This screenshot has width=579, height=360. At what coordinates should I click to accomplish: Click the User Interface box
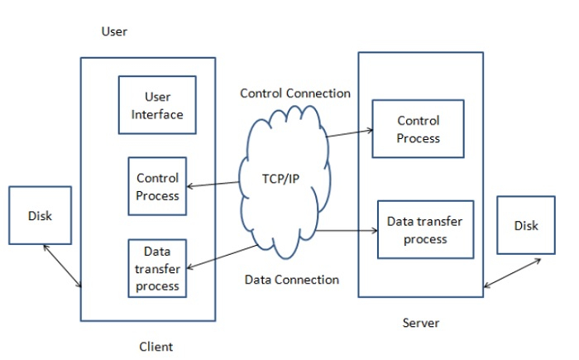(x=157, y=104)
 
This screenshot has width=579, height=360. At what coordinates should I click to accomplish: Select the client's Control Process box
(x=157, y=185)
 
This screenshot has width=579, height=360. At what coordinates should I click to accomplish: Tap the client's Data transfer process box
(x=157, y=267)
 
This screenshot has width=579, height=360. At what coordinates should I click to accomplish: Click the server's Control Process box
(x=418, y=129)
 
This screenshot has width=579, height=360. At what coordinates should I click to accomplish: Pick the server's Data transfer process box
(x=426, y=230)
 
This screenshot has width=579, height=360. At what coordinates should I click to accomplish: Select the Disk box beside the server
(x=525, y=224)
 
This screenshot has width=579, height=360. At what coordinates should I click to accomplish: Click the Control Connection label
(x=295, y=94)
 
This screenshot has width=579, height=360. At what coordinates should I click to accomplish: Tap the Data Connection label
(x=292, y=280)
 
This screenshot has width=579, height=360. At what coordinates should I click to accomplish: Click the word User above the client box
(x=114, y=32)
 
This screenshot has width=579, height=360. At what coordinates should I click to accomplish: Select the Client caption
(x=156, y=346)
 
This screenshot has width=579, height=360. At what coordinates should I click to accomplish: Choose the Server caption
(x=421, y=323)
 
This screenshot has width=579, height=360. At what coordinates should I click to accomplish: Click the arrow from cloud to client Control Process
(x=213, y=184)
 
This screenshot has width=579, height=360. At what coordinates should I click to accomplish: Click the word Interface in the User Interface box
(x=157, y=113)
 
